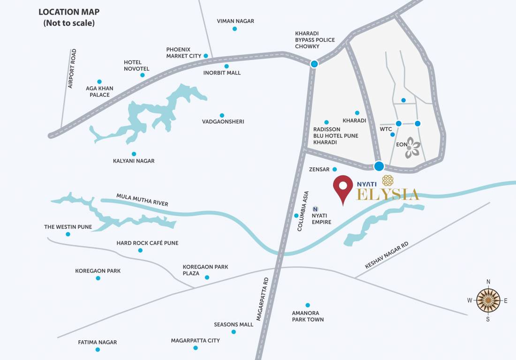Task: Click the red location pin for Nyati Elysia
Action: point(343,187)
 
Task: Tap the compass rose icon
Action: point(488,300)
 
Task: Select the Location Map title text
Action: point(69,17)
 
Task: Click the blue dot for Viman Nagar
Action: point(235,29)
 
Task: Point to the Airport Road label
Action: point(72,68)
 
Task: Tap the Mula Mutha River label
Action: point(142,199)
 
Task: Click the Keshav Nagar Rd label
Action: point(387,255)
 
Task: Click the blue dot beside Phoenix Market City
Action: point(205,56)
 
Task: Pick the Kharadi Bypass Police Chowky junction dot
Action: point(314,64)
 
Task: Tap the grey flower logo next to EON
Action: point(413,147)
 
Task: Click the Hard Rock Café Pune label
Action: point(147,243)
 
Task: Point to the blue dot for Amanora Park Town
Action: point(308,305)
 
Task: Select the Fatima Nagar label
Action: point(97,342)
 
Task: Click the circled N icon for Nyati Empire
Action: point(315,209)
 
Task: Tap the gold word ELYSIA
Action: point(387,195)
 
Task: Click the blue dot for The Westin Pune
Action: point(68,234)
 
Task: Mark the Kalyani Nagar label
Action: point(134,161)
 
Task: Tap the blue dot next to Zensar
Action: point(334,169)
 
